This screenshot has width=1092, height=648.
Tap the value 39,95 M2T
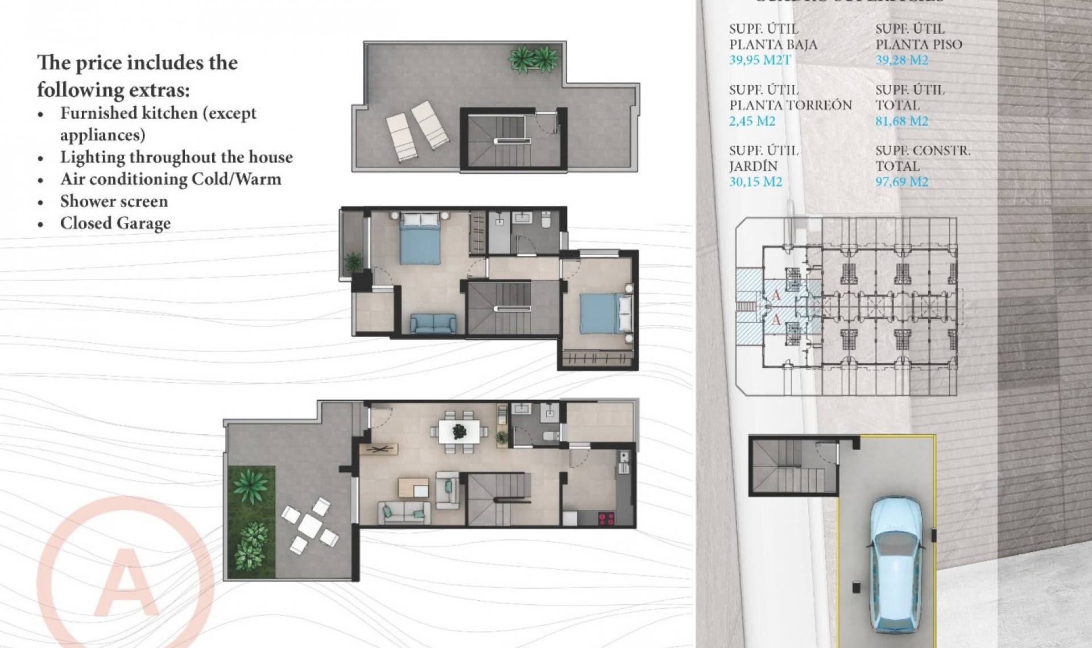(x=759, y=60)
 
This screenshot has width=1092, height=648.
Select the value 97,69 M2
(x=901, y=182)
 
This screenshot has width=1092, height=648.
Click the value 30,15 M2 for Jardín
(x=755, y=182)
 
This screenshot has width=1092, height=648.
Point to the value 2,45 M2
(x=752, y=121)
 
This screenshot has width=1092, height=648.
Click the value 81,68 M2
(x=901, y=121)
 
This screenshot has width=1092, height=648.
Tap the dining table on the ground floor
(x=460, y=431)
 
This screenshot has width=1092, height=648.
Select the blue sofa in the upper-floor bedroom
(x=433, y=323)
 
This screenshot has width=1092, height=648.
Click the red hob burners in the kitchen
(x=606, y=518)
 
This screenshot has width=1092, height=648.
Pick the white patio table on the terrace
(x=311, y=525)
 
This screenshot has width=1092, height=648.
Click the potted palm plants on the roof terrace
(x=533, y=59)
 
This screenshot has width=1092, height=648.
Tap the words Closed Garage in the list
(x=115, y=223)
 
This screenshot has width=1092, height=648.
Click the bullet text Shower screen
(x=114, y=201)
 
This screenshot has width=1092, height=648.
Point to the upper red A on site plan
(x=776, y=295)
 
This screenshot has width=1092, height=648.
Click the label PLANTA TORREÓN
(x=790, y=105)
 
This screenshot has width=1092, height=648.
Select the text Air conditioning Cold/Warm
(x=171, y=179)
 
